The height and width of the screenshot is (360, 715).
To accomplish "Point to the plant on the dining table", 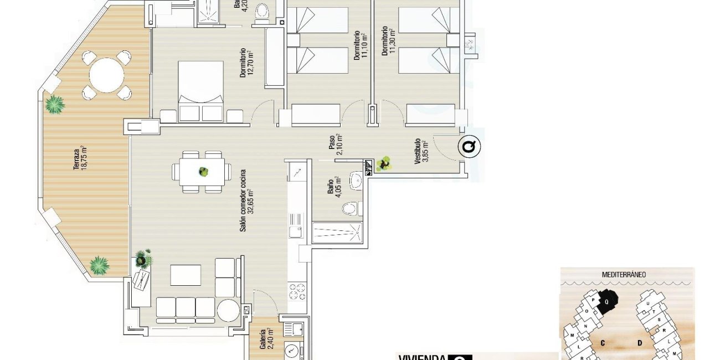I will (204, 172).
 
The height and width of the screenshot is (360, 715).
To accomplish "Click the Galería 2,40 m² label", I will (266, 339).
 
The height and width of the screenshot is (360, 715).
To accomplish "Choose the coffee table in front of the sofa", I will (186, 275).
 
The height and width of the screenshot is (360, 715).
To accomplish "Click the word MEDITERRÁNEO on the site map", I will (624, 274).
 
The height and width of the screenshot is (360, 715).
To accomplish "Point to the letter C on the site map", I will (603, 343).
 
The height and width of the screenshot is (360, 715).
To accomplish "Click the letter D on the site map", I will (639, 343).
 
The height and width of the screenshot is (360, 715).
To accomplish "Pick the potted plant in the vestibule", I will (383, 163).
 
